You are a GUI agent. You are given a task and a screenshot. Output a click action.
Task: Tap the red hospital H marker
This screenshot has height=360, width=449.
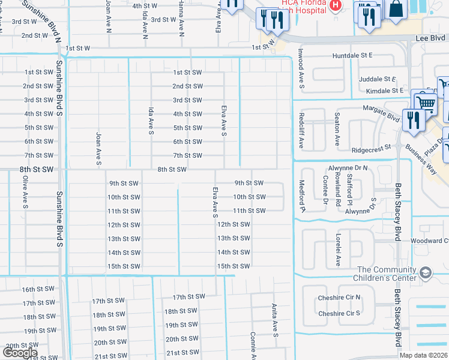[x=336, y=6]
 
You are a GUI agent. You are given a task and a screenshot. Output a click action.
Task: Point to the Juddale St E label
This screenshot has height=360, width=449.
[x=378, y=79]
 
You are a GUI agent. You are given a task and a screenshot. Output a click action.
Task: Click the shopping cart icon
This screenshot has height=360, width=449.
[x=426, y=103]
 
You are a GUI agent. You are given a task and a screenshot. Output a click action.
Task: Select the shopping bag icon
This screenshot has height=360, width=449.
[x=397, y=8]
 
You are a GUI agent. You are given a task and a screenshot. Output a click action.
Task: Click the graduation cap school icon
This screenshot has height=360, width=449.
[x=426, y=273]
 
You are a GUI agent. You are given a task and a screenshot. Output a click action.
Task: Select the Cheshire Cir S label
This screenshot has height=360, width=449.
[x=339, y=313]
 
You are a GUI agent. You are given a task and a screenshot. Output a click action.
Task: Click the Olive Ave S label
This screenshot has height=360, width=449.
[x=25, y=192]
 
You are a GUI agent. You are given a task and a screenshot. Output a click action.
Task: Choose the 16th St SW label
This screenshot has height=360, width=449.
[x=38, y=289]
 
